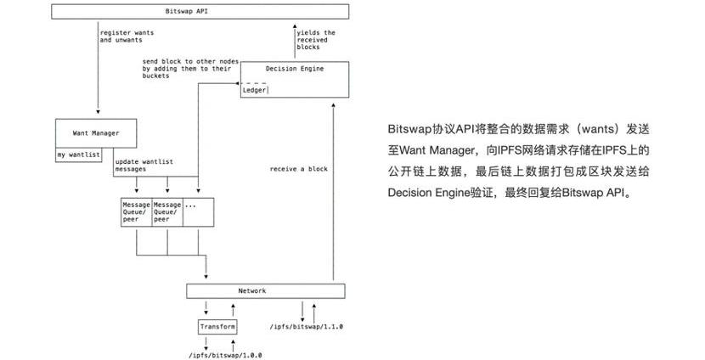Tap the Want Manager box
pyautogui.click(x=98, y=133)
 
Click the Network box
pyautogui.click(x=266, y=291)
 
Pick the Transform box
pyautogui.click(x=217, y=327)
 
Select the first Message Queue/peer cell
pyautogui.click(x=137, y=211)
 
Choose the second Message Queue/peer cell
pyautogui.click(x=167, y=211)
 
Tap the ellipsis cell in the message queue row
pyautogui.click(x=196, y=211)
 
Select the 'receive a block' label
pyautogui.click(x=298, y=169)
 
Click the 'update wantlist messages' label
pyautogui.click(x=144, y=166)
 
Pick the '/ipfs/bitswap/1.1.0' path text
pyautogui.click(x=307, y=327)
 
